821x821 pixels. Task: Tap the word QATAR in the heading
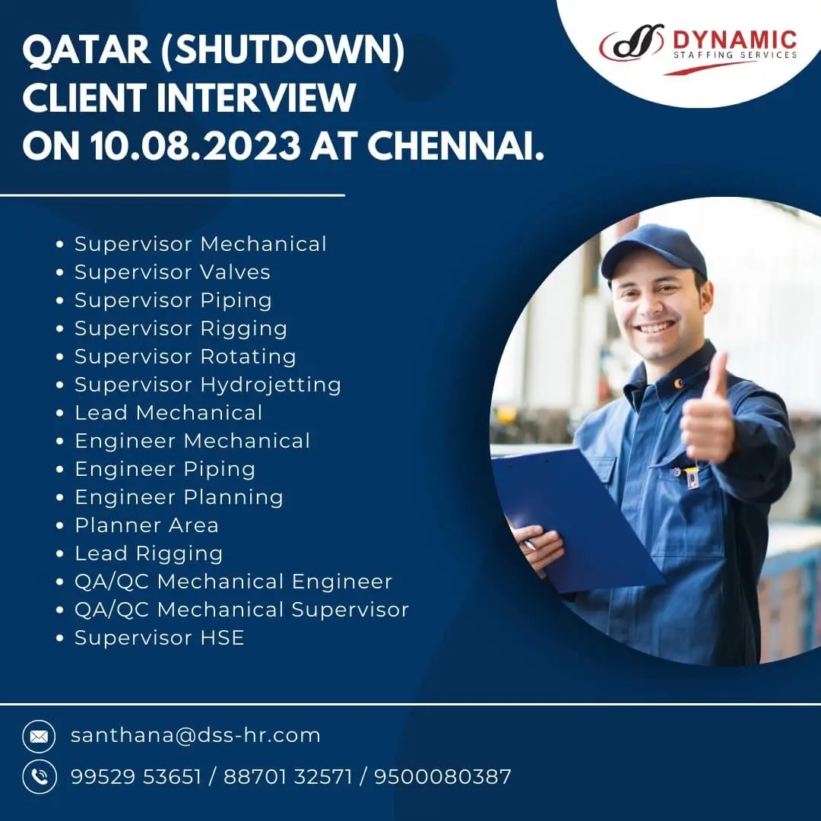coord(87,50)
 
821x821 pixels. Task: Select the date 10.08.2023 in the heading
coord(195,145)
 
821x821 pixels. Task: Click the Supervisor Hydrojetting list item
coord(208,385)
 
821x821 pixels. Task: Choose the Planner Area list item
coord(147,525)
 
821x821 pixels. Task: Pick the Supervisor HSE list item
coord(159,638)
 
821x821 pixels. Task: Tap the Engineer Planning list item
coord(179,497)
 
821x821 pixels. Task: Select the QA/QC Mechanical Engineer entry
coord(233,582)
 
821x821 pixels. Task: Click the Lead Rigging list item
coord(149,554)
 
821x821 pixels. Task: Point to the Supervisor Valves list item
coord(173,272)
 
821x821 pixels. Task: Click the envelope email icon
coord(39,737)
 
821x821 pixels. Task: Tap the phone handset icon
coord(39,777)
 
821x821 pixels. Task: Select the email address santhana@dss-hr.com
coord(195,735)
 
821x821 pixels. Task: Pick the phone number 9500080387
coord(442,777)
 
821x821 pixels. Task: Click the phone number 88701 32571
coord(288,777)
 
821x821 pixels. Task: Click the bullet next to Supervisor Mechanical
coord(60,245)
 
